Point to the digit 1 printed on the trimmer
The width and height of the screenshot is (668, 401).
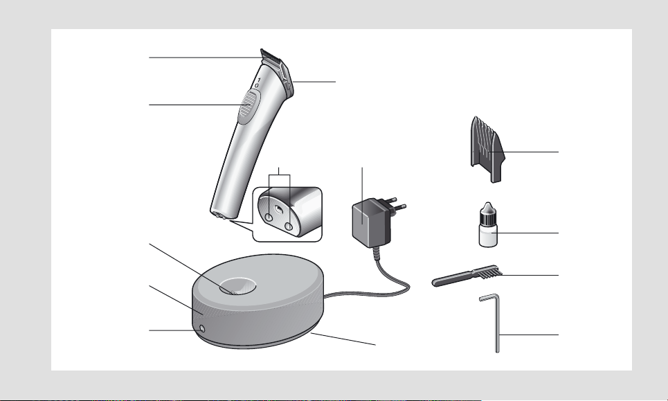click(x=259, y=80)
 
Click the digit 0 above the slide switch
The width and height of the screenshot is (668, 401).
click(x=256, y=85)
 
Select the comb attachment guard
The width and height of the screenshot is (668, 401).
click(x=487, y=149)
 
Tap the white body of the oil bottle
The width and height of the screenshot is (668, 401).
click(x=488, y=235)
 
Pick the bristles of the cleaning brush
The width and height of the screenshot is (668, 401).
click(x=491, y=271)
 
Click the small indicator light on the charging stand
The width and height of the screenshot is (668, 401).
click(x=202, y=328)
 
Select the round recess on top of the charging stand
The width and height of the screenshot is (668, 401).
click(x=237, y=286)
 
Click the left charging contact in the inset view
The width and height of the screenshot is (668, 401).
click(x=269, y=217)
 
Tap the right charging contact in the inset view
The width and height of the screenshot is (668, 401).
click(x=289, y=226)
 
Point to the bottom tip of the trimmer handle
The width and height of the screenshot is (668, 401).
click(x=219, y=215)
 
